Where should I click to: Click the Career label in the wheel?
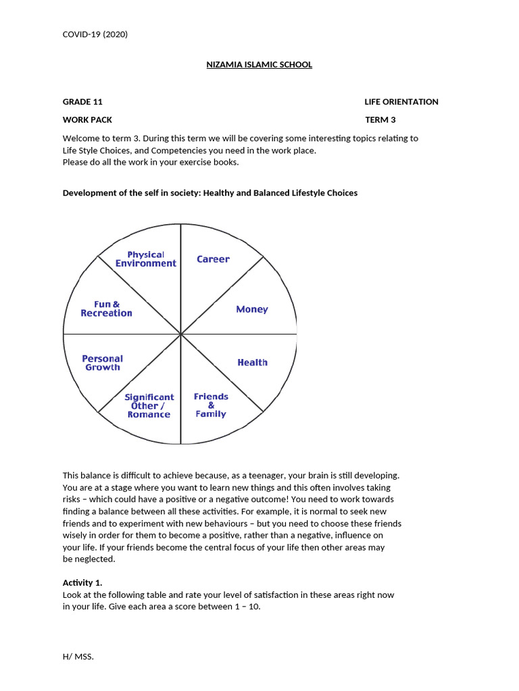coord(213,259)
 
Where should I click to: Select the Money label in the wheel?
coord(251,309)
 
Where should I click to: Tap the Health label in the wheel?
coord(252,362)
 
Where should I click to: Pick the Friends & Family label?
coord(211,406)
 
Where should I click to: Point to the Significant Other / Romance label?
coord(149,406)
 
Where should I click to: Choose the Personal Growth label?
coord(103,363)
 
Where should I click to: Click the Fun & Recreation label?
coord(106,309)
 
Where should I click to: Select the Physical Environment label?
coord(146,259)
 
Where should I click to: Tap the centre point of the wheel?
coord(180,334)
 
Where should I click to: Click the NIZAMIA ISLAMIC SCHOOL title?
coord(259,65)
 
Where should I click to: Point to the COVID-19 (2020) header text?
coord(95,34)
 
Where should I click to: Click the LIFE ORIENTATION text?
coord(401,102)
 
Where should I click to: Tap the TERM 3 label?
coord(380,120)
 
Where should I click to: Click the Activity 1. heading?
coord(82,583)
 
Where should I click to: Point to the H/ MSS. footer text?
coord(78,656)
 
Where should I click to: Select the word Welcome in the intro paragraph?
coord(81,138)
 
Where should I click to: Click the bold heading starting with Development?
coord(209,193)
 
